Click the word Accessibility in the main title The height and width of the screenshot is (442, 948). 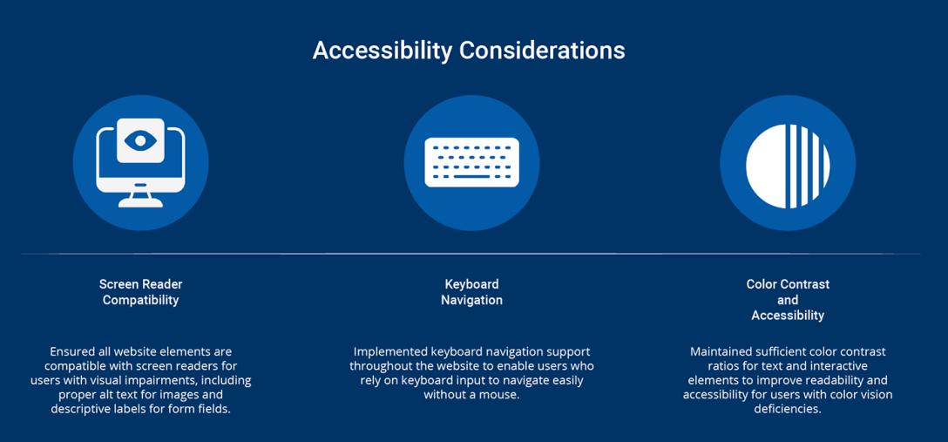coord(383,51)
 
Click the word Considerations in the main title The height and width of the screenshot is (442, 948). coord(542,51)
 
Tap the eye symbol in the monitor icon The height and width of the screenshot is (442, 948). coord(140,140)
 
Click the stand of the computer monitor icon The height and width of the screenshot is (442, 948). coord(140,201)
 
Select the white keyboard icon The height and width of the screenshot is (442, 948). coord(471,162)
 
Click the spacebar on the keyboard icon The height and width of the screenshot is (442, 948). coord(471,177)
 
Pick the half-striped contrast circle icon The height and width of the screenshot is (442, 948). coord(788,167)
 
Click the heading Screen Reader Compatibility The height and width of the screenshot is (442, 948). coord(141,292)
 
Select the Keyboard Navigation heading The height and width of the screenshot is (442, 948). coord(471,292)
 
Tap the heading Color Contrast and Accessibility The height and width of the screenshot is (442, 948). coord(788,299)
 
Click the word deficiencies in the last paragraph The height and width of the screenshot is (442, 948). coord(787,410)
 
